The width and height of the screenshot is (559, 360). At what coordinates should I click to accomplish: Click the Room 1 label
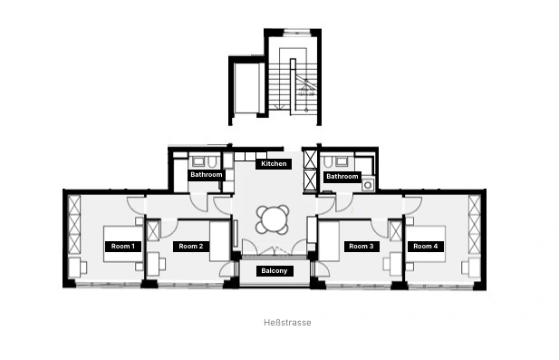pos(123,246)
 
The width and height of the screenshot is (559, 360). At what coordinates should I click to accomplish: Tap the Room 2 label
pos(191,246)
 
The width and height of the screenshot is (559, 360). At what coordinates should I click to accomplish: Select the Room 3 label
pos(361,246)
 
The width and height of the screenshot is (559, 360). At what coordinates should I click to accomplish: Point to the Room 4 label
pos(425,246)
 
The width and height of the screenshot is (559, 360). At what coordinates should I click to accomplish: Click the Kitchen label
pos(274,164)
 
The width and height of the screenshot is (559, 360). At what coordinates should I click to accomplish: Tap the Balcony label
pos(275,271)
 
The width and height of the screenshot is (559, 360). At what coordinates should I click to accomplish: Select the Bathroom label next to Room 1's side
pos(207,175)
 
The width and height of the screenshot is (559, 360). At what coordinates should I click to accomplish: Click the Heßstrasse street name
pos(287,323)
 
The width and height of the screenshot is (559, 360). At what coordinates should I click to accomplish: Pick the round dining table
pos(273,219)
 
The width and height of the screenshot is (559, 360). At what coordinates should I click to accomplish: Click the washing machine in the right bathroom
pos(368,185)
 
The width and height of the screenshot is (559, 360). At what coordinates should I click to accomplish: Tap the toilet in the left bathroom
pos(213,162)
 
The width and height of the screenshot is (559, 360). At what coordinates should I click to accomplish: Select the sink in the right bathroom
pos(342,161)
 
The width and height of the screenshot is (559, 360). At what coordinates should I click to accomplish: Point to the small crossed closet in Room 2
pos(153,231)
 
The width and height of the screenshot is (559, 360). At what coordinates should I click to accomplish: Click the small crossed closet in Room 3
pos(395,231)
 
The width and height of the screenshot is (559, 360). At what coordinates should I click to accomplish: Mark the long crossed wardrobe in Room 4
pos(475,224)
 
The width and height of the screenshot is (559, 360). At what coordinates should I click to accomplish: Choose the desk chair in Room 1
pos(83,268)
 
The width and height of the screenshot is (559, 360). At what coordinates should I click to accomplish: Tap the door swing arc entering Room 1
pos(135,206)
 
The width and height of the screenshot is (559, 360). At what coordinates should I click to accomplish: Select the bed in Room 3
pos(328,241)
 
